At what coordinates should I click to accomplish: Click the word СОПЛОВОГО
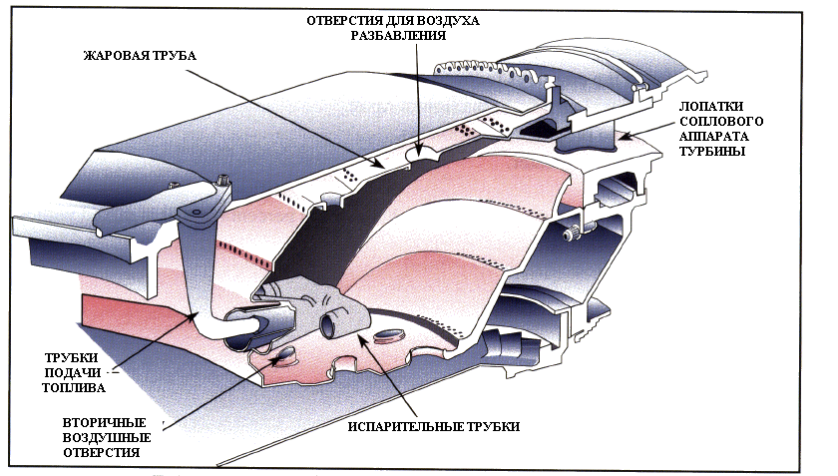pyautogui.click(x=711, y=120)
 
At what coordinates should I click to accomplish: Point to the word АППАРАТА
pyautogui.click(x=710, y=137)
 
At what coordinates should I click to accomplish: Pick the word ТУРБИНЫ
pyautogui.click(x=710, y=154)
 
